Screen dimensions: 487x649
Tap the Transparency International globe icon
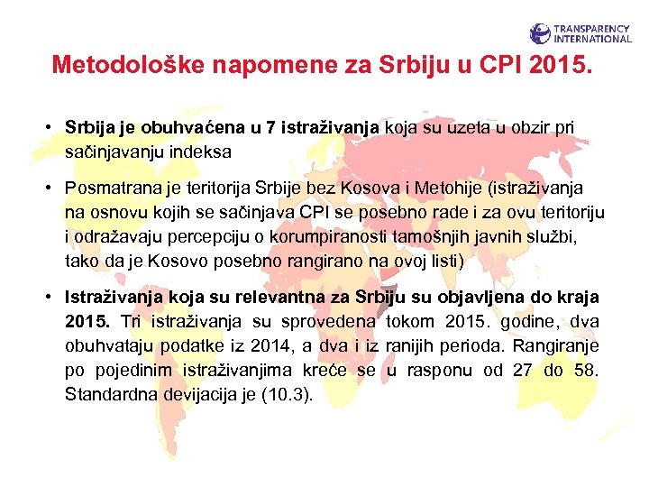[x=540, y=34]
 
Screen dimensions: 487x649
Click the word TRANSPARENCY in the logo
[x=593, y=29]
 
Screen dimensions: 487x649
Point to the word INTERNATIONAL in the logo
[x=593, y=40]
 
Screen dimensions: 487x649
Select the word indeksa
[x=197, y=152]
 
